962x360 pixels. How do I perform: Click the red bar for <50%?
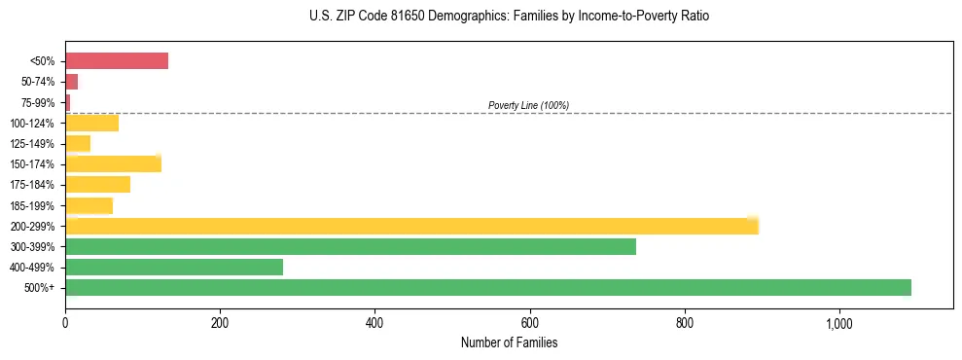click(x=117, y=61)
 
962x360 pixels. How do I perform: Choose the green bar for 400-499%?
click(x=174, y=268)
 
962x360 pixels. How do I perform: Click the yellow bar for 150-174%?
click(x=113, y=164)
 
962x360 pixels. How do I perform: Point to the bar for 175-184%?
click(x=97, y=185)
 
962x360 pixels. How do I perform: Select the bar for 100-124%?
click(x=91, y=124)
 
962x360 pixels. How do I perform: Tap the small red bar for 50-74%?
click(x=71, y=82)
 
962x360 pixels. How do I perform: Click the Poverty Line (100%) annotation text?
click(x=528, y=105)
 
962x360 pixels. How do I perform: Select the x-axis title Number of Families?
click(x=509, y=342)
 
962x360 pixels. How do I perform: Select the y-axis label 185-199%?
click(x=34, y=206)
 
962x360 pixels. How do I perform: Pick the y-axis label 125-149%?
click(x=34, y=144)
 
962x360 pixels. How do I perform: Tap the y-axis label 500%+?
click(x=41, y=288)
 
